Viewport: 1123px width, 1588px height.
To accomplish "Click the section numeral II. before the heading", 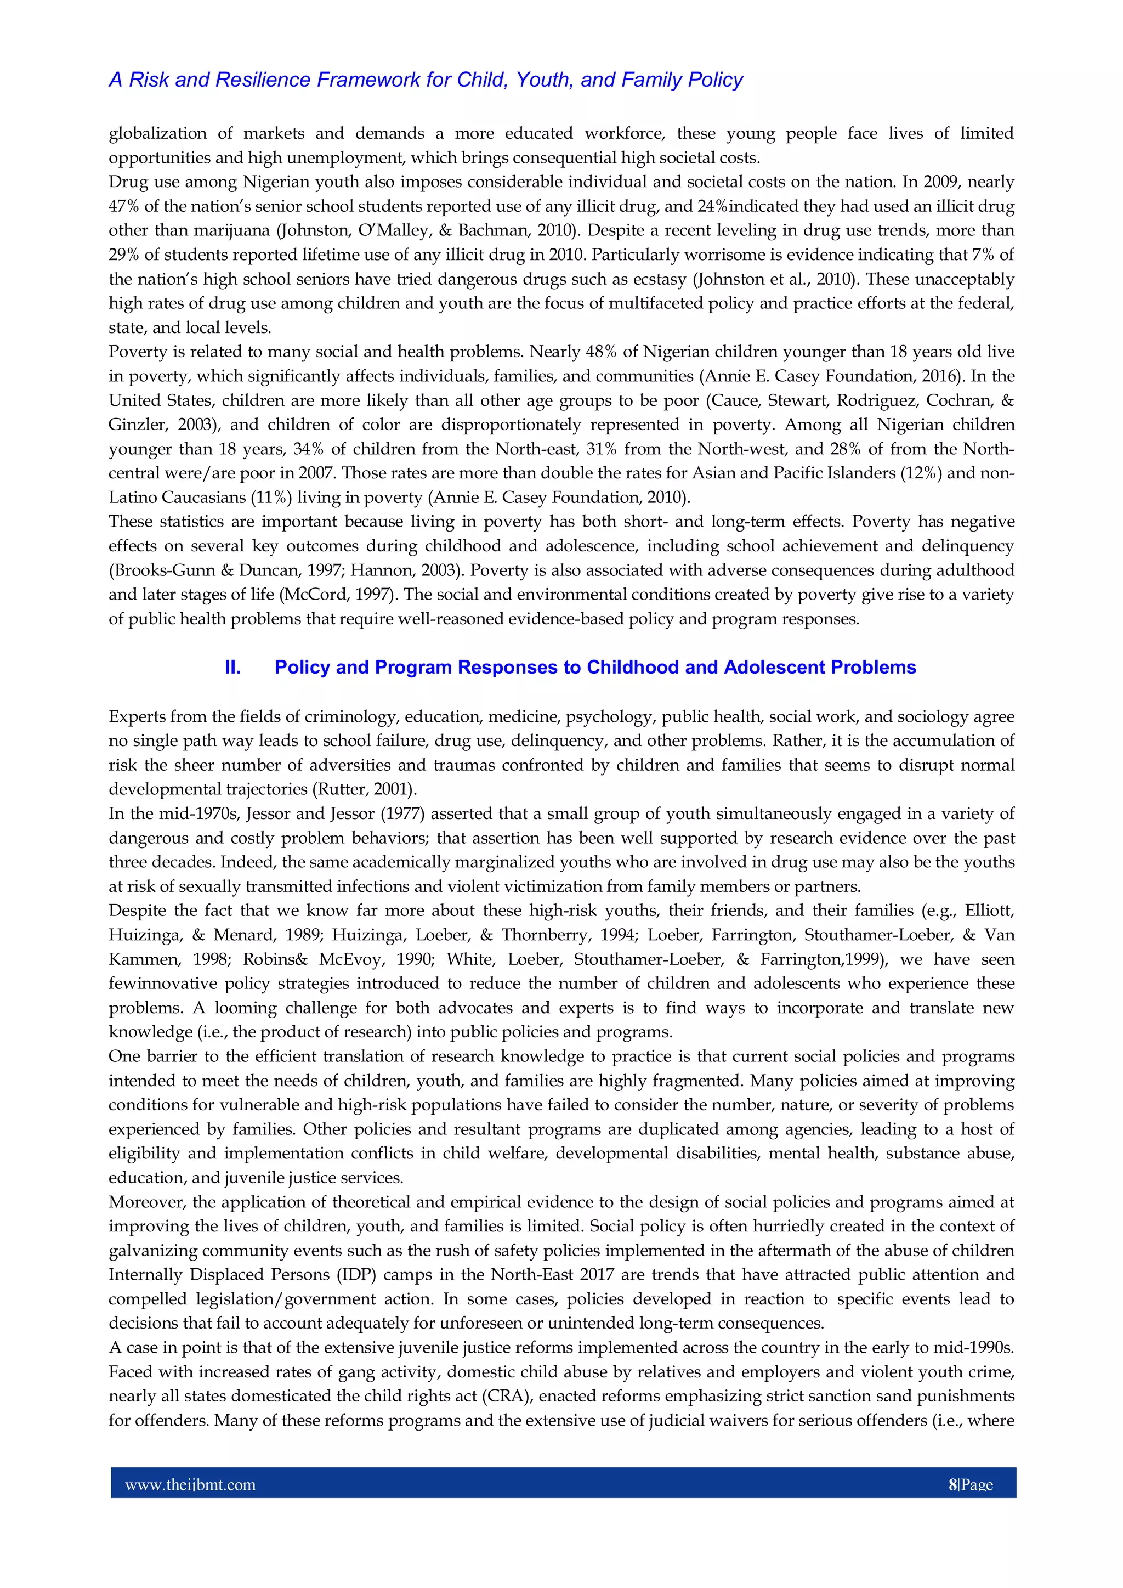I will (233, 668).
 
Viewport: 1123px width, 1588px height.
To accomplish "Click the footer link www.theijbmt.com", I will (190, 1484).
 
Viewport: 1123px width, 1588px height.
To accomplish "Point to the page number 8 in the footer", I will (952, 1484).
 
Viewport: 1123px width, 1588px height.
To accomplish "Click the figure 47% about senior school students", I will (124, 207).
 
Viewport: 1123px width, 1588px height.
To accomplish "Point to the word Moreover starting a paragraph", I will (146, 1202).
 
